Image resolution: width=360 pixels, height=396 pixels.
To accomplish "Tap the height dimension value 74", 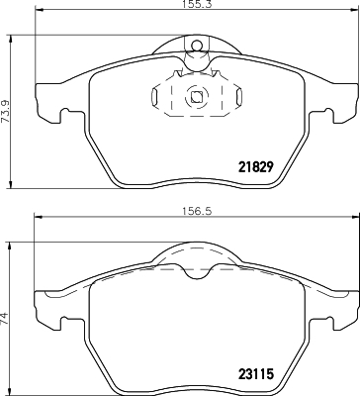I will (x=8, y=319).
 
